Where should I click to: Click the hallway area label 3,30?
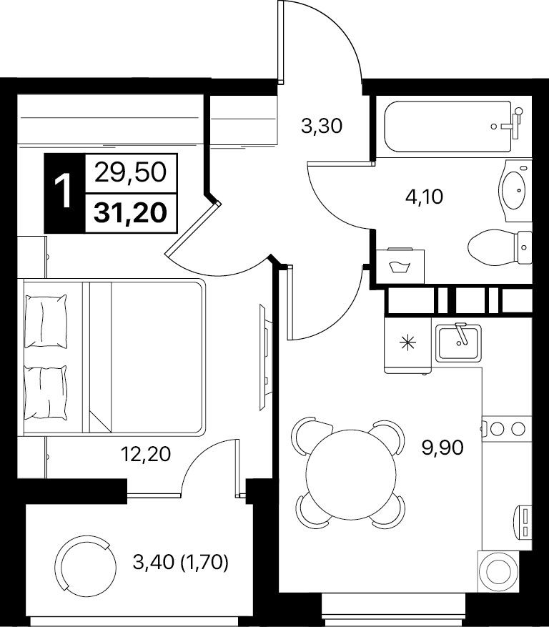click(x=322, y=127)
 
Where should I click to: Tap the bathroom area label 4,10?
click(x=424, y=197)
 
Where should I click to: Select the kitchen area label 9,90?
click(x=442, y=447)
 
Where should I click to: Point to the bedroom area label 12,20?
click(x=146, y=454)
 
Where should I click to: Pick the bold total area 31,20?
click(x=130, y=213)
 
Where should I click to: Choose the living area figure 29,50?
click(x=130, y=173)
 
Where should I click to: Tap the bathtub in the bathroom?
click(x=447, y=127)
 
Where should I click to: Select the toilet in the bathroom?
click(x=500, y=247)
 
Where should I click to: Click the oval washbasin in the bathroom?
click(x=513, y=190)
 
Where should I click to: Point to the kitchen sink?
click(x=458, y=342)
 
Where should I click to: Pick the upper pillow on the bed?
click(x=46, y=322)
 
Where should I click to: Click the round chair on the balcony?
click(x=85, y=564)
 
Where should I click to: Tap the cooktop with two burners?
click(x=507, y=429)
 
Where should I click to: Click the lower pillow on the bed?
click(x=46, y=393)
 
